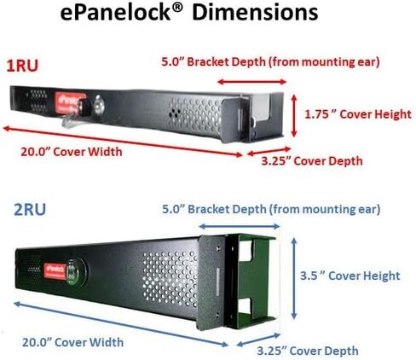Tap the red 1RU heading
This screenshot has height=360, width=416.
point(22,66)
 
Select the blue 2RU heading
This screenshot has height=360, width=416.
point(30,210)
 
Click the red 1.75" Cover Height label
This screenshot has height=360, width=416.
point(358,114)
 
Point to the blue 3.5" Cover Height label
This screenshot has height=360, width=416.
point(350,276)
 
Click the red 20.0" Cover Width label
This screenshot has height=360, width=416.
point(72,152)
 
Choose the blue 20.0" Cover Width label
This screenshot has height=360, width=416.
point(72,342)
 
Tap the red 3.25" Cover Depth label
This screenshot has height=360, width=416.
point(312,161)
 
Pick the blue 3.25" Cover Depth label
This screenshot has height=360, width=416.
point(308,351)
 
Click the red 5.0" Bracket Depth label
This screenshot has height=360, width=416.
point(270,62)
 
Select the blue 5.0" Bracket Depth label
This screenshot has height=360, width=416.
point(271,209)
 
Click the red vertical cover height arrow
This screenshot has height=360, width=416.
point(294,116)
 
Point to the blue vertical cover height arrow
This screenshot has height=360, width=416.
point(294,278)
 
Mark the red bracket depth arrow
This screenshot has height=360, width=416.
point(252,82)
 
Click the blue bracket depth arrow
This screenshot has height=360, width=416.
point(240,226)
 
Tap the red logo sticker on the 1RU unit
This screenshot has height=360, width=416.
point(70,102)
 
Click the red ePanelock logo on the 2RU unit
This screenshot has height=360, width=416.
point(55,270)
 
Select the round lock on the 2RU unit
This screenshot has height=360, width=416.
point(76,271)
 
